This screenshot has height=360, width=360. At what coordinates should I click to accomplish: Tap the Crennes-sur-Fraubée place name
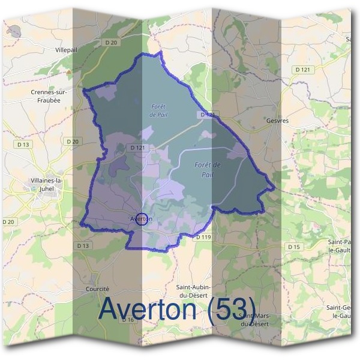(49, 96)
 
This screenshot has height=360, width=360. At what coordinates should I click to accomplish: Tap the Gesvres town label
(277, 121)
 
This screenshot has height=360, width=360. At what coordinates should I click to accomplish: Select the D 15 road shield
(293, 247)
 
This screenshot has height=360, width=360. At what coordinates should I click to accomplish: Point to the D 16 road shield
(128, 320)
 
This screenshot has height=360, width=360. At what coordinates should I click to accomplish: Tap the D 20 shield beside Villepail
(109, 42)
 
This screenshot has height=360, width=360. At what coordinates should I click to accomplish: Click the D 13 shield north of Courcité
(83, 246)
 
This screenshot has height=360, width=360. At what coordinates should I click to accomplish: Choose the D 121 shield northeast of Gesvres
(304, 70)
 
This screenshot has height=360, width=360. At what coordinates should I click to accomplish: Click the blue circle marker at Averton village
(142, 219)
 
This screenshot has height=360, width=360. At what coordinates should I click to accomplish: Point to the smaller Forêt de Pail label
(158, 110)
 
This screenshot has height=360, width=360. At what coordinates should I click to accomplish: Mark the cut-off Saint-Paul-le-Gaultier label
(342, 245)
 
